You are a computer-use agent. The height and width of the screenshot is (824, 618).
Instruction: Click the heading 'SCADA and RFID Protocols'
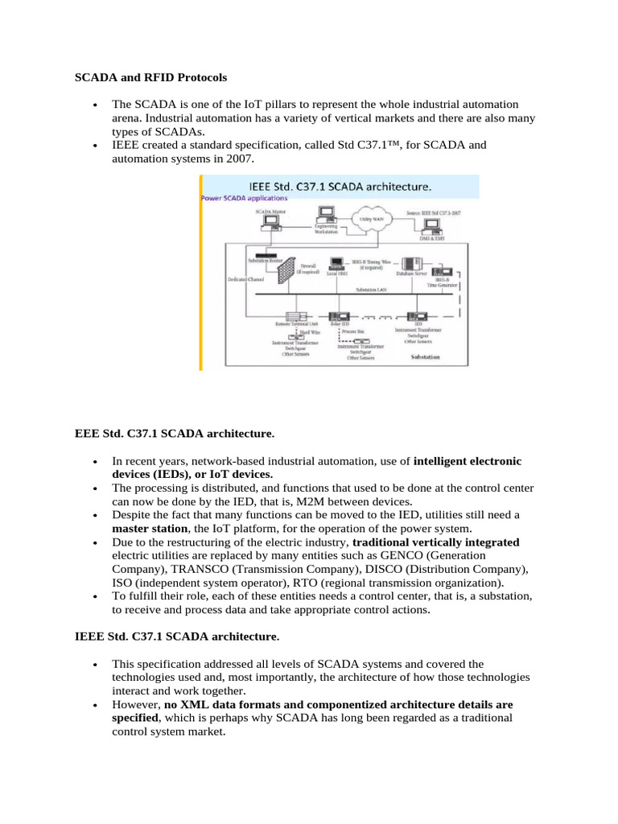click(150, 78)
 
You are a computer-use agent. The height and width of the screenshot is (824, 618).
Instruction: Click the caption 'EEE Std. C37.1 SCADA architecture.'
click(174, 434)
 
